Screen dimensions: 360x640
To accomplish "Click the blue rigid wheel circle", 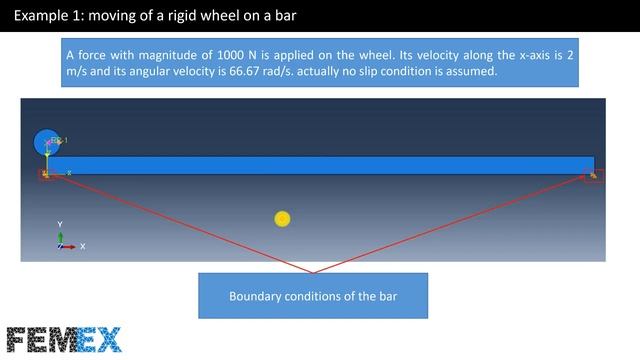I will [x=45, y=142].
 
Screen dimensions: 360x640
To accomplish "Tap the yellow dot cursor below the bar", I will [x=282, y=219].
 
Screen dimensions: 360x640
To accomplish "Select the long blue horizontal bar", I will [x=320, y=165].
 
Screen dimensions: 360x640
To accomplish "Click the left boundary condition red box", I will [x=45, y=175].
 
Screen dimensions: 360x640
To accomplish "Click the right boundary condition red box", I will [x=593, y=176].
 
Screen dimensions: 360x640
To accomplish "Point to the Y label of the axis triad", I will [x=60, y=225].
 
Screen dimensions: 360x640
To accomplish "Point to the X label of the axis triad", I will [x=82, y=246].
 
